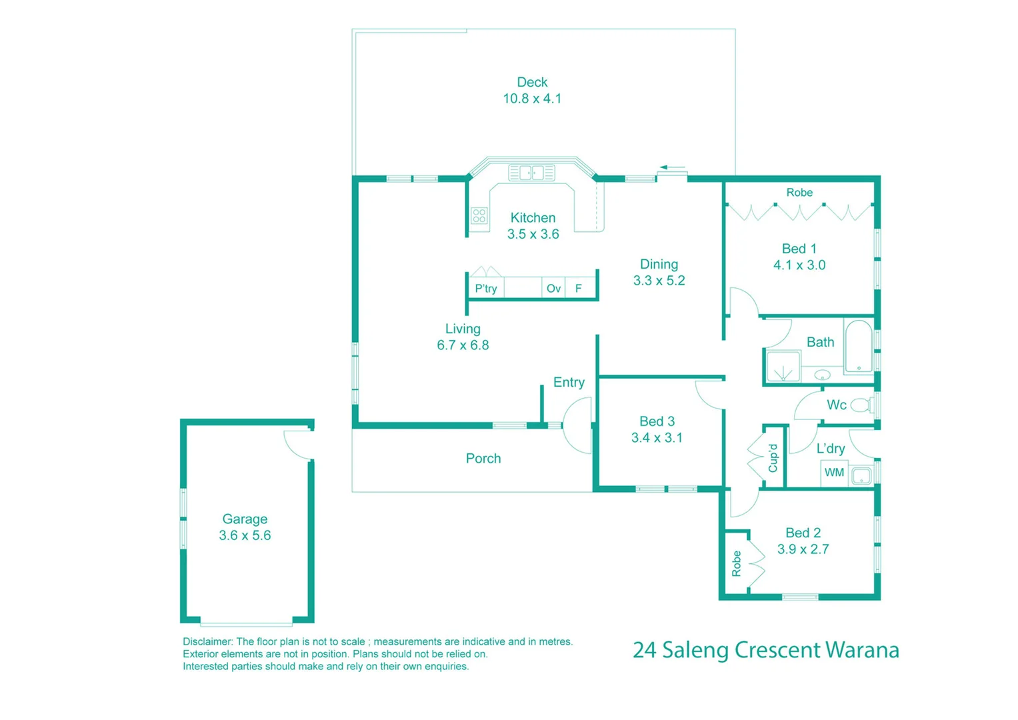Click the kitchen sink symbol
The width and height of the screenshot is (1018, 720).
click(531, 173)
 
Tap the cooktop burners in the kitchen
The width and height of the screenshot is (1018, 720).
click(479, 215)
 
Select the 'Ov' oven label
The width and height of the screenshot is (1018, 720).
click(553, 289)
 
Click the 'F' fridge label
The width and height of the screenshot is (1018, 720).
click(579, 289)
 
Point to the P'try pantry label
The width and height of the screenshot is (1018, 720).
click(486, 289)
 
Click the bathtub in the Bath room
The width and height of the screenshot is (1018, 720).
click(859, 347)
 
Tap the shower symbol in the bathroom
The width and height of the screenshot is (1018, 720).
click(783, 367)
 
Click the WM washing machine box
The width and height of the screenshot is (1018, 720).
click(834, 473)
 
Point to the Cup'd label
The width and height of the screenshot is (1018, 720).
click(773, 458)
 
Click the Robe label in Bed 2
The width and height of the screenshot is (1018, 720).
click(736, 563)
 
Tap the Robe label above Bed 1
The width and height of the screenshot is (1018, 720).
click(799, 193)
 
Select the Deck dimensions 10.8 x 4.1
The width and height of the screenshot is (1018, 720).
click(532, 99)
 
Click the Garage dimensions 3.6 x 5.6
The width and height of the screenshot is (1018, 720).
click(245, 535)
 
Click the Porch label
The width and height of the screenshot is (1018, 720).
click(483, 459)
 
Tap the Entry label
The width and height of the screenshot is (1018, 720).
click(569, 382)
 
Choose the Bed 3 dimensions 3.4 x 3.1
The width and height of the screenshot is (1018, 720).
click(657, 438)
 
